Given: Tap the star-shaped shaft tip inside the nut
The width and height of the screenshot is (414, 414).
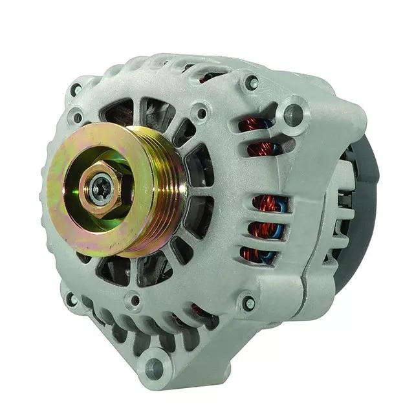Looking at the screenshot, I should [101, 188].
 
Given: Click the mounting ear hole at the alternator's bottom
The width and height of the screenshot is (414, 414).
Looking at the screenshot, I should [153, 367].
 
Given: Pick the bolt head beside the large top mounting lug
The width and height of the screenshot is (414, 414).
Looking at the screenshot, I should [251, 83].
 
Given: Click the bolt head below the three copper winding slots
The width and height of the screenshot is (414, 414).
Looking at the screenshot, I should [249, 303].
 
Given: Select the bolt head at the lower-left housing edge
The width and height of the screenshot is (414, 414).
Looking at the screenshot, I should [73, 300].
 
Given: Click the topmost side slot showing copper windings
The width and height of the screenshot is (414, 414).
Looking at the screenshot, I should [256, 125].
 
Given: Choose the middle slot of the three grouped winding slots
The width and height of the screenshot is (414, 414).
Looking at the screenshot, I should [264, 228].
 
